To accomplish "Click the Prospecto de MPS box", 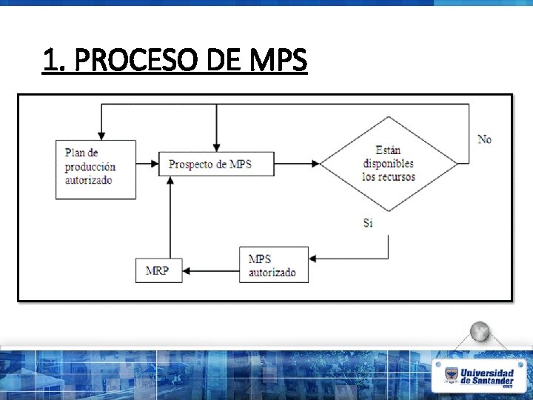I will coord(216,164).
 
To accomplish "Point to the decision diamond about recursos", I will coord(389,164).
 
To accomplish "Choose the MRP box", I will coord(158,270).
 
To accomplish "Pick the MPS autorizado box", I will coord(273,264).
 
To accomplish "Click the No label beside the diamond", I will coord(484,139).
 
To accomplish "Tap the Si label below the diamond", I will coord(368,223).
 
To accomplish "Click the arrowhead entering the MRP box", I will coord(186,270).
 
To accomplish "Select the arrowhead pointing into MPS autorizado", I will coord(312,259).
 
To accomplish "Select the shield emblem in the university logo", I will coord(451,376).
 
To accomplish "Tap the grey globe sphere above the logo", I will coord(480,332).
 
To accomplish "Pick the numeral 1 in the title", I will coord(50,61).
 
